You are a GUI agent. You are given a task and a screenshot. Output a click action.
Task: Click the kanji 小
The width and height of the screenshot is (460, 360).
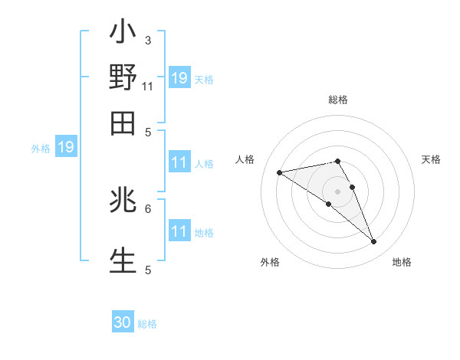click(123, 34)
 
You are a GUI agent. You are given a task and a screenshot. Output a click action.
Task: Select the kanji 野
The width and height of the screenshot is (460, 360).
click(123, 78)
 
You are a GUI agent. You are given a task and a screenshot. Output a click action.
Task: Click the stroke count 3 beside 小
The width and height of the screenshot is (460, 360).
click(148, 40)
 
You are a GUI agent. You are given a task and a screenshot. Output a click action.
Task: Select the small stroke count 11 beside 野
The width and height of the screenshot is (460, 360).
click(148, 86)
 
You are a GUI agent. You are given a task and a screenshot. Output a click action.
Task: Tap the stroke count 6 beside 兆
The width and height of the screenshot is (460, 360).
click(148, 208)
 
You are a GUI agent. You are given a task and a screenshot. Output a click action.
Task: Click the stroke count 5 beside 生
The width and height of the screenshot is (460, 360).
click(148, 270)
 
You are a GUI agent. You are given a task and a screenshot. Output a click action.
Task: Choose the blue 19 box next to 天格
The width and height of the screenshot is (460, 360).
click(179, 78)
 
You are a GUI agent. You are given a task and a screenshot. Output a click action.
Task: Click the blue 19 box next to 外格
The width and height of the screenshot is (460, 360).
click(66, 147)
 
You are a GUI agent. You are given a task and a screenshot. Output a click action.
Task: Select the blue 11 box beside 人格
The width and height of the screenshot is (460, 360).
click(179, 162)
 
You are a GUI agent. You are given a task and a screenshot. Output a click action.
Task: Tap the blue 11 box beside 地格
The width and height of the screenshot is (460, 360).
click(179, 231)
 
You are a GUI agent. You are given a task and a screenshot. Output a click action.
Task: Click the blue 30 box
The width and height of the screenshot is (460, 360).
click(123, 323)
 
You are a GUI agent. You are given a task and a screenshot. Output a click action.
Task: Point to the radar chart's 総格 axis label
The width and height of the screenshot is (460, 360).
click(337, 100)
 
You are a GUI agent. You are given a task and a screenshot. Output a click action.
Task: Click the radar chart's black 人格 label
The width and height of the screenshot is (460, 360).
click(245, 159)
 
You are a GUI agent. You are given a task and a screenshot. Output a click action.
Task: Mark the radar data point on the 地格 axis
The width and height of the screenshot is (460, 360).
click(374, 242)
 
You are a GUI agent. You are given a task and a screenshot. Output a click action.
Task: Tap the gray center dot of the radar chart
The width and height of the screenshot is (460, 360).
click(337, 191)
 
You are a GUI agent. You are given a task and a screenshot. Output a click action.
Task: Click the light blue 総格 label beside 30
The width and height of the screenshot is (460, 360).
click(147, 324)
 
